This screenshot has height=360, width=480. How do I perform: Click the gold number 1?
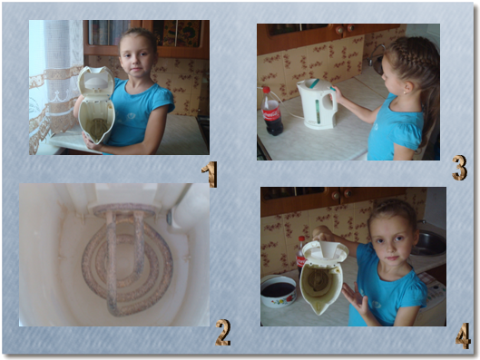[210, 174]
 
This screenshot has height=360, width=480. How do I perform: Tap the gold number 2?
[223, 333]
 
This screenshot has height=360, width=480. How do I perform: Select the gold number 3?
[460, 168]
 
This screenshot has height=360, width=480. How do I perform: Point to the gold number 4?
[463, 336]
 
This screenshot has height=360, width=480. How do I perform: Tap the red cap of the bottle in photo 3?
[267, 90]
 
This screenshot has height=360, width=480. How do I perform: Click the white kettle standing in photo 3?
[318, 103]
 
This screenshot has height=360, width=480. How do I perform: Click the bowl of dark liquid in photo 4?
[279, 291]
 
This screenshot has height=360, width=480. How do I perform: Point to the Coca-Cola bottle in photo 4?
[301, 257]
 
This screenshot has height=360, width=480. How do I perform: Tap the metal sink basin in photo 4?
[428, 243]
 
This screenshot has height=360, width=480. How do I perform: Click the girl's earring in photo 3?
[405, 92]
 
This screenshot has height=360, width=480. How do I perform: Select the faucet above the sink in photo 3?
[376, 55]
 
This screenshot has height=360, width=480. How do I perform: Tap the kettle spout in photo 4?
[320, 308]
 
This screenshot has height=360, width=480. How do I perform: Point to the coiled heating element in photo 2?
[127, 261]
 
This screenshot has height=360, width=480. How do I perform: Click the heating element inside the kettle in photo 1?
[98, 128]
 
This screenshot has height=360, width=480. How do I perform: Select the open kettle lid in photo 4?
[325, 251]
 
